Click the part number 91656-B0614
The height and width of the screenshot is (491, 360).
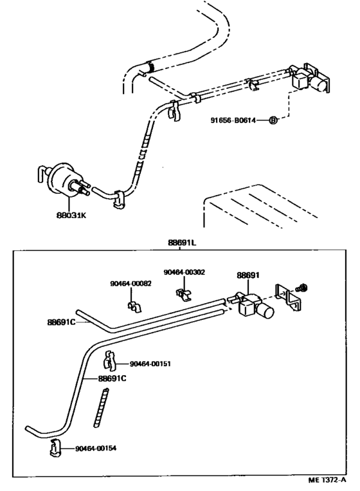(x=233, y=120)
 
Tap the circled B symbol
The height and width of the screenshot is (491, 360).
(x=273, y=120)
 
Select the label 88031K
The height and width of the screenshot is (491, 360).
(x=71, y=216)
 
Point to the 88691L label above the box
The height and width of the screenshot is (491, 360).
(x=182, y=243)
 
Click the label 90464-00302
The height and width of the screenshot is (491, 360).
(x=184, y=272)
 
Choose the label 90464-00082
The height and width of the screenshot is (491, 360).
(x=130, y=283)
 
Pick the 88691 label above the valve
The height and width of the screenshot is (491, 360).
(x=248, y=275)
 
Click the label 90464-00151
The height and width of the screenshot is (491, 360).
(x=150, y=364)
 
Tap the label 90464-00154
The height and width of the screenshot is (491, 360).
(x=96, y=449)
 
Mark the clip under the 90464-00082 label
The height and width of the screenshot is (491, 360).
(x=134, y=307)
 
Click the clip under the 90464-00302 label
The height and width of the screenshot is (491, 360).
(x=184, y=294)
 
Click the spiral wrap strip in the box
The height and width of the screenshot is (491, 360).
(x=102, y=408)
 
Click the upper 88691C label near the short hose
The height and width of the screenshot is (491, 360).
(x=61, y=322)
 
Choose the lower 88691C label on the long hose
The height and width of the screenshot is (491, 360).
(x=113, y=378)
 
